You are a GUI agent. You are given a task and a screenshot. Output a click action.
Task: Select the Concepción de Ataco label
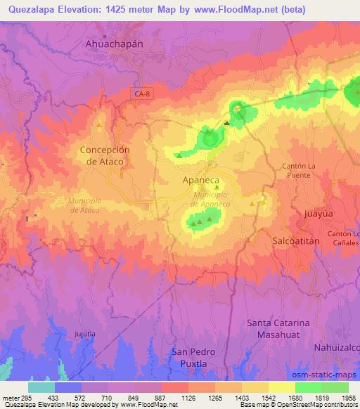(x=105, y=155)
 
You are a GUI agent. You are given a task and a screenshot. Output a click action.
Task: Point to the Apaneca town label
(x=200, y=181)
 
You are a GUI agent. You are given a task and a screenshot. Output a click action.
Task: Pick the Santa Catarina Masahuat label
(x=279, y=327)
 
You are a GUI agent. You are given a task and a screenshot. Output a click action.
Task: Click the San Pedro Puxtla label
(x=194, y=357)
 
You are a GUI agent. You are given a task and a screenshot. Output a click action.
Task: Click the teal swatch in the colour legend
(x=41, y=387)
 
